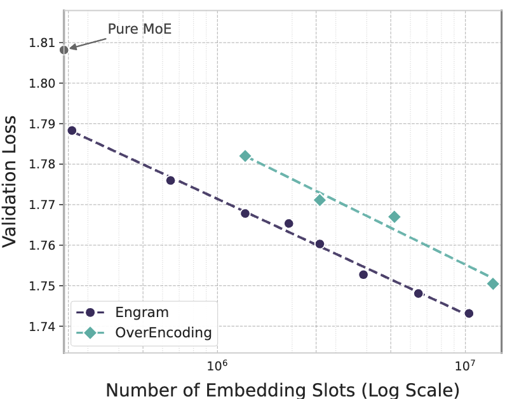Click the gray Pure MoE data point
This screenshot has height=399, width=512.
[64, 50]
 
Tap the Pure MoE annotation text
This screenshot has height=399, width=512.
[140, 29]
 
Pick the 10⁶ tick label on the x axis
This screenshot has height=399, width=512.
[217, 367]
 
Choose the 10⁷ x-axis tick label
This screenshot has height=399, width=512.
[465, 367]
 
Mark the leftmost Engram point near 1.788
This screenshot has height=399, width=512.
[72, 130]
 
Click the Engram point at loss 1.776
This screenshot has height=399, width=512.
[170, 180]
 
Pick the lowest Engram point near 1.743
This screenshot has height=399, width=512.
[469, 313]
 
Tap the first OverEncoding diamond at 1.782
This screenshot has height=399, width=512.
[245, 156]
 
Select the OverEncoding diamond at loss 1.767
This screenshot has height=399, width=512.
[394, 217]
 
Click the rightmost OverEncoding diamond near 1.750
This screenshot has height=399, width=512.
[493, 283]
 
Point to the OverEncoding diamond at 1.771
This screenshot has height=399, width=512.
[320, 200]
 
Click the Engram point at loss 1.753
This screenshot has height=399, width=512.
[363, 274]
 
